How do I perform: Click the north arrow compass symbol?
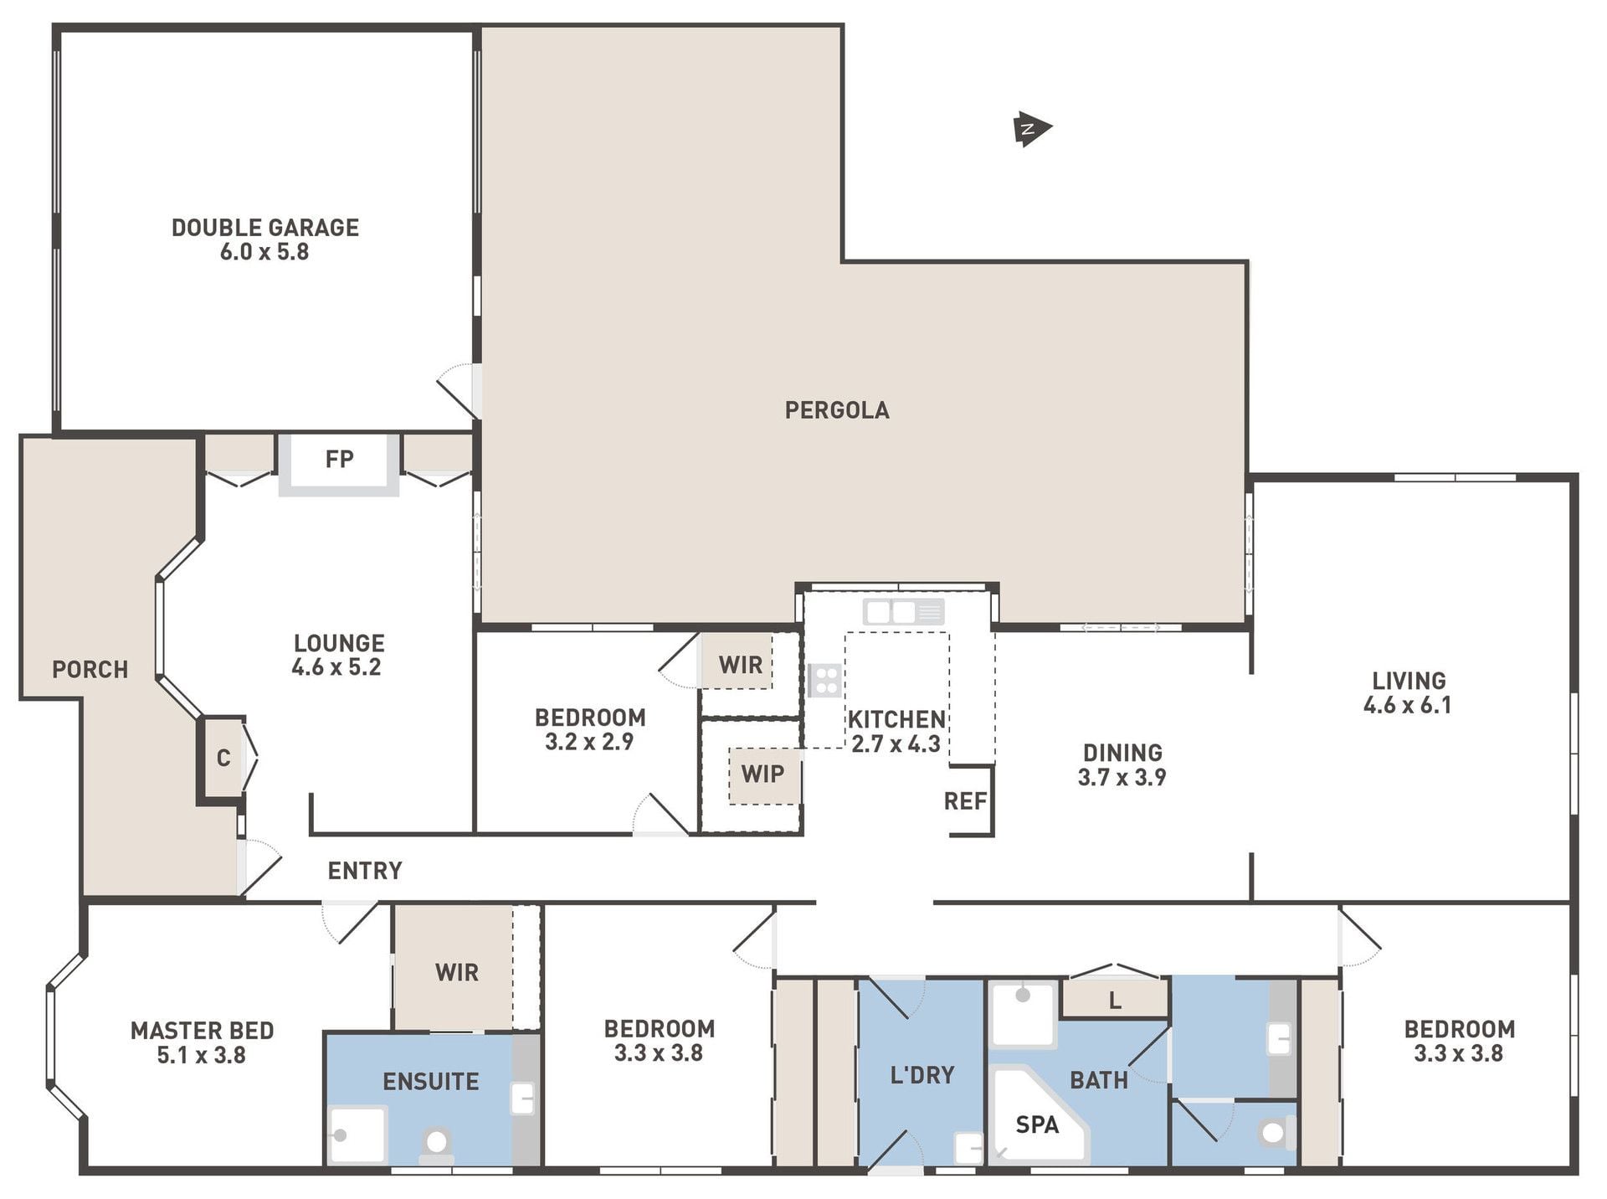(1032, 129)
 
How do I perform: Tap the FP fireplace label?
(339, 459)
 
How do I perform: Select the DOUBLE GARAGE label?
(265, 228)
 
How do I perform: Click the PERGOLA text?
(837, 410)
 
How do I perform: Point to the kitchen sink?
(904, 612)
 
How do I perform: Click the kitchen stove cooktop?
(824, 680)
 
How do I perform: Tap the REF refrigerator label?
(966, 801)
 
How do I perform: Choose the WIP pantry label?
(762, 774)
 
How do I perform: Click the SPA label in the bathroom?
(1037, 1124)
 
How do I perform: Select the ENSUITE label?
(431, 1082)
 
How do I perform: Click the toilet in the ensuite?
(436, 1145)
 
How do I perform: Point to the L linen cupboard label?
(1115, 1001)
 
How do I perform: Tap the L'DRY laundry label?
(922, 1075)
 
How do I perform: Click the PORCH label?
(90, 670)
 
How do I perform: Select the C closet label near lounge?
(223, 759)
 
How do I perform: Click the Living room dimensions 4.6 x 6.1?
(1408, 705)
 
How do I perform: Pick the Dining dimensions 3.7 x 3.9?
(1122, 777)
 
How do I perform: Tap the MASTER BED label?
(203, 1031)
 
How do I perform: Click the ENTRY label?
(365, 871)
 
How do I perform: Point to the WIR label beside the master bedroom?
(457, 972)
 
